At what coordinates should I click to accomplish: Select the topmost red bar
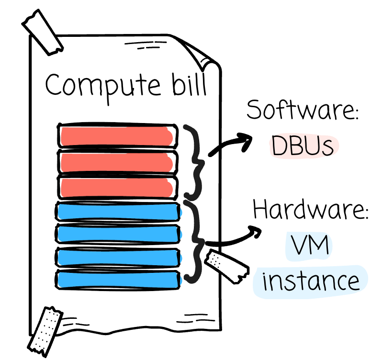pyautogui.click(x=117, y=136)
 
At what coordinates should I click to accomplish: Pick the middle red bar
pyautogui.click(x=117, y=162)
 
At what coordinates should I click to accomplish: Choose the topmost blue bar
pyautogui.click(x=118, y=212)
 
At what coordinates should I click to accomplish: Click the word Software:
pyautogui.click(x=302, y=111)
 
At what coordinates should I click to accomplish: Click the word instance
pyautogui.click(x=311, y=281)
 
